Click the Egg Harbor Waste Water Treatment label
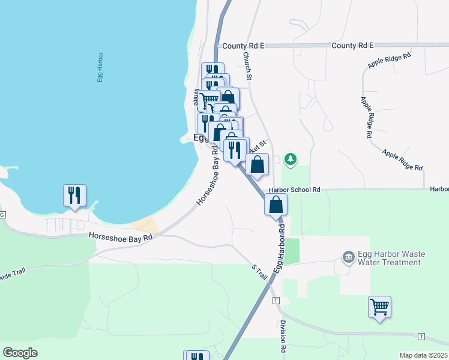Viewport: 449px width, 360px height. (x=389, y=258)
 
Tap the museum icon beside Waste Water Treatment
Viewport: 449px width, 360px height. (x=348, y=257)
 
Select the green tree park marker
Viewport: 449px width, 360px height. (x=291, y=159)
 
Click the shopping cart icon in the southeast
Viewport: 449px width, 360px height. (x=379, y=307)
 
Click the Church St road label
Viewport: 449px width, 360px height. (x=247, y=64)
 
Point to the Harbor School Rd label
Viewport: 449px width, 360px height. (x=295, y=190)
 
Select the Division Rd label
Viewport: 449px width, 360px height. (x=283, y=336)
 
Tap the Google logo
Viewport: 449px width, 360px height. (x=20, y=353)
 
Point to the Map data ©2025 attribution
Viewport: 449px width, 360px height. (x=424, y=355)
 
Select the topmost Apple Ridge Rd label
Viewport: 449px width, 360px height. (x=390, y=62)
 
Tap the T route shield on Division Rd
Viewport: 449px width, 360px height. (x=275, y=300)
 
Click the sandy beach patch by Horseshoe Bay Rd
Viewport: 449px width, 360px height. (x=146, y=224)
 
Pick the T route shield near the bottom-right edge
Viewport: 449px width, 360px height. (x=421, y=336)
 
